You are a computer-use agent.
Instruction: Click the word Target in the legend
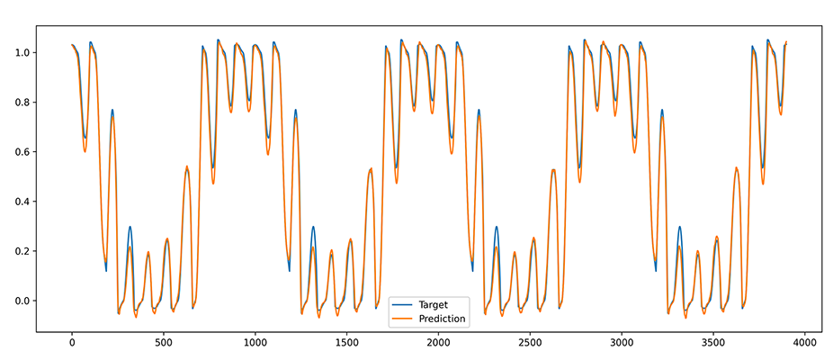433,304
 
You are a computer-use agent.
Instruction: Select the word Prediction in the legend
443,319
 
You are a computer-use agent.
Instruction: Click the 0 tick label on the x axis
72,342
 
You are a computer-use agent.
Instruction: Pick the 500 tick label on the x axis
164,342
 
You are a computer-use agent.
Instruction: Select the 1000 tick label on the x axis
255,342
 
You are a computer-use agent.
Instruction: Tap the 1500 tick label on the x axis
346,342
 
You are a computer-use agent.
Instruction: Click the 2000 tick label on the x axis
438,342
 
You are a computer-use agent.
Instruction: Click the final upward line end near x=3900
785,42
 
